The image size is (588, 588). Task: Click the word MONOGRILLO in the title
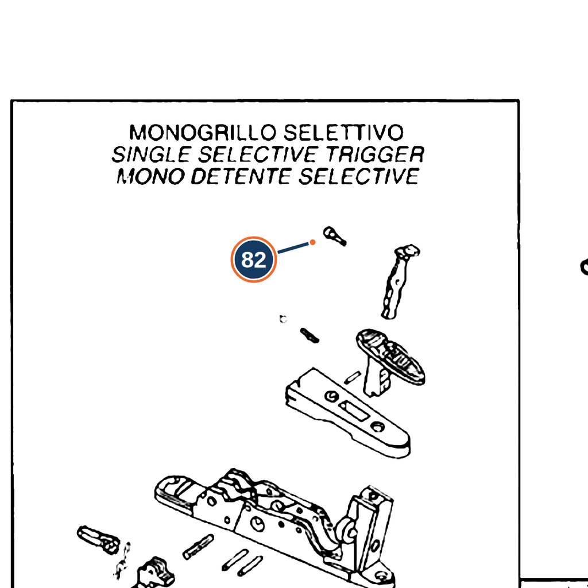(x=203, y=133)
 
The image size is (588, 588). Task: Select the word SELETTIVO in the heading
(x=343, y=133)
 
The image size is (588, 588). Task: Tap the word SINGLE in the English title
(x=151, y=154)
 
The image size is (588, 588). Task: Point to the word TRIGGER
(x=374, y=154)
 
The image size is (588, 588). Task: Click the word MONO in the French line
(x=150, y=176)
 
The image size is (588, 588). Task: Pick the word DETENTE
(x=241, y=176)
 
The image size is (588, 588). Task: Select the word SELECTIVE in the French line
(x=359, y=176)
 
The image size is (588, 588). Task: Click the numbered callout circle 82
(x=254, y=260)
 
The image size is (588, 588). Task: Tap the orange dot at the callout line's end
(x=312, y=243)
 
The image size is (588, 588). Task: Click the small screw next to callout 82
(x=335, y=236)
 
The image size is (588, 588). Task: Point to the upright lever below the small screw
(x=399, y=281)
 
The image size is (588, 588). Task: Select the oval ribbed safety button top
(x=390, y=356)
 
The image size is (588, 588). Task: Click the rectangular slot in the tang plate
(x=353, y=411)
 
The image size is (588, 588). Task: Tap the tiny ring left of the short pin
(x=283, y=319)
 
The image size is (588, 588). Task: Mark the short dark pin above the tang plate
(x=310, y=335)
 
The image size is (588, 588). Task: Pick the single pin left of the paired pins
(x=198, y=547)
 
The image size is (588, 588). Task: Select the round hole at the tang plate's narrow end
(x=377, y=427)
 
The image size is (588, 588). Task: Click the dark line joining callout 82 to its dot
(x=293, y=248)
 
